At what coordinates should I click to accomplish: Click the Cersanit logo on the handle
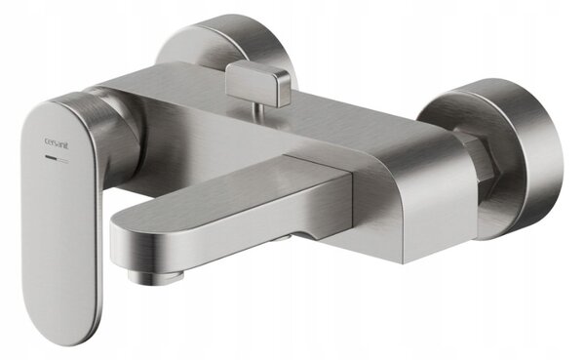[57, 142]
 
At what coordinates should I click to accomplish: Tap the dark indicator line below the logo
[51, 157]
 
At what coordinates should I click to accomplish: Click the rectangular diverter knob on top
[257, 83]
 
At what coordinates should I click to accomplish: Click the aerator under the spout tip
[157, 277]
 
